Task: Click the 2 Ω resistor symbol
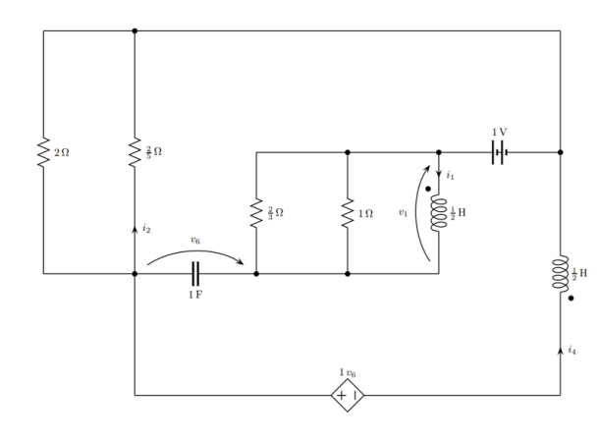[x=43, y=152]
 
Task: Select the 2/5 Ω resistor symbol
[x=135, y=152]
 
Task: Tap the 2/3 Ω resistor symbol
[x=256, y=213]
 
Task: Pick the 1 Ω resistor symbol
[x=348, y=213]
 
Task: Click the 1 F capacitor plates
[x=195, y=273]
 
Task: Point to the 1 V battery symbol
[x=500, y=152]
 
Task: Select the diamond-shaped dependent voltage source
[x=348, y=396]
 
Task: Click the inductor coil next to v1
[x=439, y=213]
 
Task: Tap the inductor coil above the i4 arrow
[x=560, y=273]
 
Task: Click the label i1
[x=450, y=176]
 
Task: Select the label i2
[x=146, y=229]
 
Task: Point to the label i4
[x=572, y=350]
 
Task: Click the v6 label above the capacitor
[x=195, y=241]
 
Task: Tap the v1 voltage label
[x=403, y=212]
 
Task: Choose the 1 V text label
[x=500, y=133]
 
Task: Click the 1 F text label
[x=195, y=295]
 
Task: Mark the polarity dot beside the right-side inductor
[x=571, y=299]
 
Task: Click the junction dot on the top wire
[x=135, y=30]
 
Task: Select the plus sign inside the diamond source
[x=342, y=396]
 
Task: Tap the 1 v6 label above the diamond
[x=348, y=372]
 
